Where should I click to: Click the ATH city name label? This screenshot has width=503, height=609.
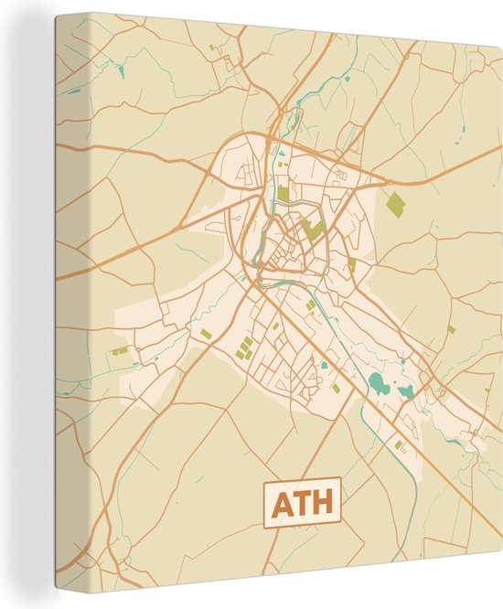pos(302,503)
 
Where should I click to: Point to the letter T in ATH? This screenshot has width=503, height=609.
pos(302,504)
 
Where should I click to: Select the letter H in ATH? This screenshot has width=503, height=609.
pos(323,504)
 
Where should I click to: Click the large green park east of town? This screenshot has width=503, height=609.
pos(394,205)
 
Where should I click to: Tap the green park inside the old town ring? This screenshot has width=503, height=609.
pos(315,230)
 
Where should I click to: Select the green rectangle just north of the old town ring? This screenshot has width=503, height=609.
pos(284,193)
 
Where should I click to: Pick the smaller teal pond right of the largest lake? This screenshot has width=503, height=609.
pos(405,391)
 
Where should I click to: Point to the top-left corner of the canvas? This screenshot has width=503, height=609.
pos(57,16)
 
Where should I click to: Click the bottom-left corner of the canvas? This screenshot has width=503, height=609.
pos(57,590)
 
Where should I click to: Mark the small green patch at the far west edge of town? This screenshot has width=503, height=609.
pos(119,349)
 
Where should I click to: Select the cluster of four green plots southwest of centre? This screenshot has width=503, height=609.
pos(245,347)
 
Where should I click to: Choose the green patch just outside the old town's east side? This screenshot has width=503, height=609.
pos(352,264)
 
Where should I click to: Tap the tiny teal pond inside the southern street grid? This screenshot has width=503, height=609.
pos(325,366)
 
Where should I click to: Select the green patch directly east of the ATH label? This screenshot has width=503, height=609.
pos(400,444)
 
